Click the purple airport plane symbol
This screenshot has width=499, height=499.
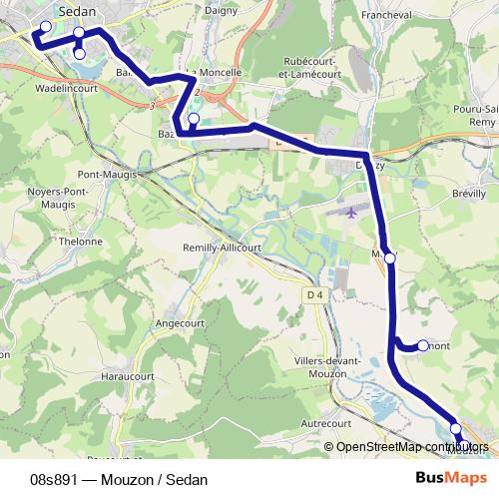click(x=350, y=212)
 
